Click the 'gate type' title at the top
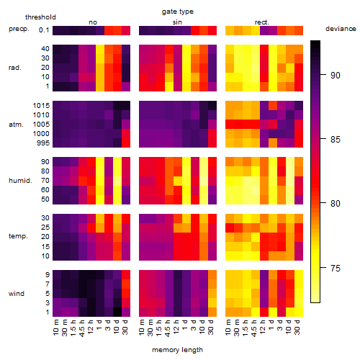point(178,12)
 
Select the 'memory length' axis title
point(177,350)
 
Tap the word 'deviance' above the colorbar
point(341,29)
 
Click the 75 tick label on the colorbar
point(336,268)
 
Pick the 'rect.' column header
point(261,22)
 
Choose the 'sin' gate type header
point(177,22)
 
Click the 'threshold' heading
point(40,17)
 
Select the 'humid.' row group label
point(20,181)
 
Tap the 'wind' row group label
point(17,294)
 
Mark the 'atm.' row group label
point(16,125)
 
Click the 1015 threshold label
point(41,106)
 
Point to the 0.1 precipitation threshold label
point(44,30)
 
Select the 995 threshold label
point(43,143)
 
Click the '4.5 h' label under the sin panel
point(168,328)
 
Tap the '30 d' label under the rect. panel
point(297,328)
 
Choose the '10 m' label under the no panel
point(55,328)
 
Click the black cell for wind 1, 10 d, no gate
point(117,312)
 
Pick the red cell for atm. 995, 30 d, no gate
point(126,143)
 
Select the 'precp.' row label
point(19,29)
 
